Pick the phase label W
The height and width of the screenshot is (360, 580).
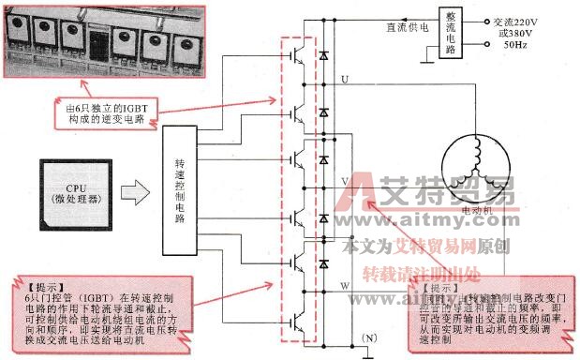pos(345,280)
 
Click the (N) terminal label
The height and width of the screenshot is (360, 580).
pos(371,336)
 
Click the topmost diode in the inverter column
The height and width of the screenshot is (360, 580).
pos(324,57)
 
